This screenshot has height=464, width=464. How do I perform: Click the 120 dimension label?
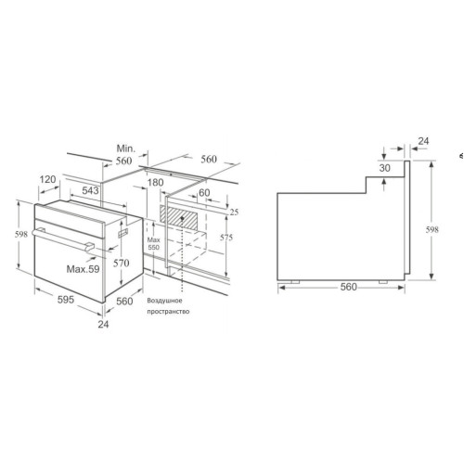coord(47,179)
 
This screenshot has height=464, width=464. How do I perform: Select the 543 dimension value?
coord(90,190)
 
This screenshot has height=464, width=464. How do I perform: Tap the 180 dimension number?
coord(155,183)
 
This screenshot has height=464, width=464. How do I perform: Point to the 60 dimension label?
coord(204,193)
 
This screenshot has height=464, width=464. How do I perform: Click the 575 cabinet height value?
coord(226,238)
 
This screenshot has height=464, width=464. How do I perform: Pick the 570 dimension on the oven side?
coord(121,264)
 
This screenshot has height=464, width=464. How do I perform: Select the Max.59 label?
coord(84,269)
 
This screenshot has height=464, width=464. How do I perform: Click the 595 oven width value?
coord(66,300)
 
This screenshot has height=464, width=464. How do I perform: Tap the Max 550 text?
coord(153,243)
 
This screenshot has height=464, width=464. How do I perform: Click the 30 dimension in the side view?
coord(385,168)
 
